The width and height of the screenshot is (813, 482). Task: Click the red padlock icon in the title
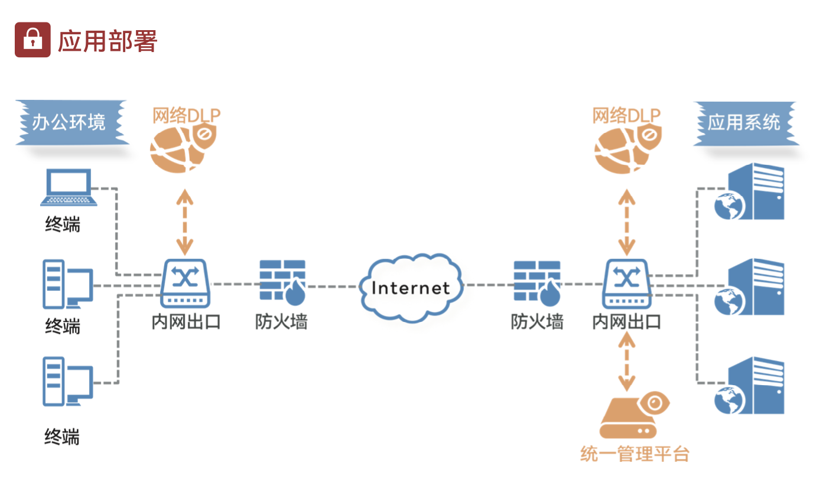tap(32, 40)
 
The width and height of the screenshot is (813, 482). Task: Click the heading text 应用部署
tap(107, 41)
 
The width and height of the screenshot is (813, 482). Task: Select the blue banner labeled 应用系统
tap(745, 123)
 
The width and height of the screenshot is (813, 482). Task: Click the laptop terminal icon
tap(69, 188)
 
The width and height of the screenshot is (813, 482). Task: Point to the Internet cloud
tap(411, 287)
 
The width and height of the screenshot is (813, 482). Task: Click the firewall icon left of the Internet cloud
tap(282, 281)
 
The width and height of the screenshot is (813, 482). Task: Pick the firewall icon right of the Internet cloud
tap(536, 281)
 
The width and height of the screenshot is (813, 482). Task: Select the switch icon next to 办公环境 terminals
tap(186, 283)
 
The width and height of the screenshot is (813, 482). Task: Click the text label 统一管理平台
tap(635, 454)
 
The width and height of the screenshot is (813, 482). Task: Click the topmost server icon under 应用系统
tap(749, 193)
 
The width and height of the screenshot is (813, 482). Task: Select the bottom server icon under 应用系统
tap(749, 386)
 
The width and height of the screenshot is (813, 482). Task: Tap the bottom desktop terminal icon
tap(67, 381)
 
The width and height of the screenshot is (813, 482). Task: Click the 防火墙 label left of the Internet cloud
tap(281, 322)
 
